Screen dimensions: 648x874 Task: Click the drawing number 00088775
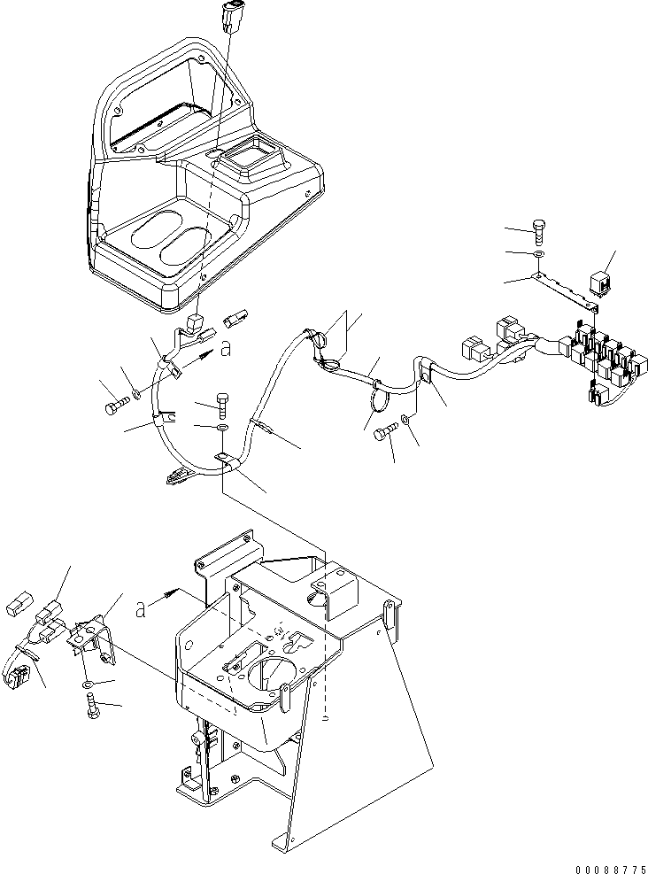[x=611, y=869]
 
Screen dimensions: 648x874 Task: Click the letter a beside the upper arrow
[x=226, y=349]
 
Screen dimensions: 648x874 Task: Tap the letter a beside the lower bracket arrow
[x=142, y=610]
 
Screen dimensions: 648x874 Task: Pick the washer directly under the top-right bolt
[x=538, y=254]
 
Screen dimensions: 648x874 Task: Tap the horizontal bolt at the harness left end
[x=117, y=407]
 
